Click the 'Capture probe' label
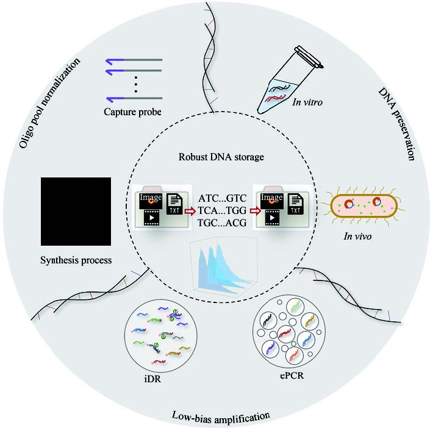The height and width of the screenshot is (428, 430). [135, 112]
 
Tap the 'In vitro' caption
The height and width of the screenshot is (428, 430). [308, 103]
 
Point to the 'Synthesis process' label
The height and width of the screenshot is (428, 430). [76, 260]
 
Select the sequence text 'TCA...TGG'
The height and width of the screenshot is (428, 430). [223, 211]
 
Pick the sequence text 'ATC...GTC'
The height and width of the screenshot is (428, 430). [223, 199]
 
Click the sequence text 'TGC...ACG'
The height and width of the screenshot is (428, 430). [223, 223]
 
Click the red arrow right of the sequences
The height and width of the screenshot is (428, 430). [251, 212]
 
